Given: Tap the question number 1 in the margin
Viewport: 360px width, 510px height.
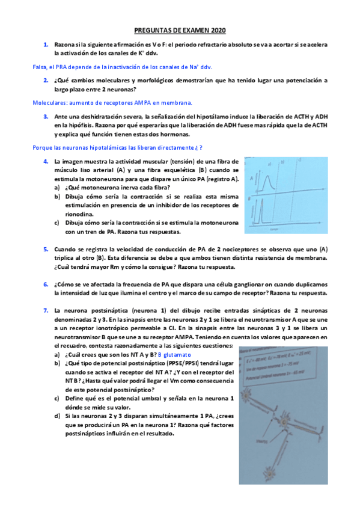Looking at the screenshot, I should (x=45, y=45).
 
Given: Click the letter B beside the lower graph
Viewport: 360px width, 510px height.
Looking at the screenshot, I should (x=250, y=198).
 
